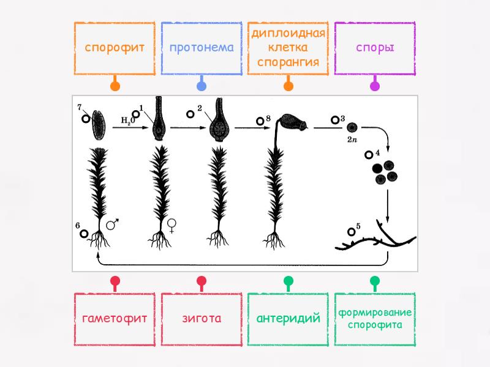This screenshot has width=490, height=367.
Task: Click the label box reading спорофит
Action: (115, 48)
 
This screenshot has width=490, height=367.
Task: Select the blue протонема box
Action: (202, 48)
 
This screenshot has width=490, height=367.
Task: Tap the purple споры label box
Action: (375, 48)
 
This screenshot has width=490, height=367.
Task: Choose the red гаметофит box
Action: (115, 319)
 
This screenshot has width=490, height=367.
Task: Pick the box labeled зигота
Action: (202, 319)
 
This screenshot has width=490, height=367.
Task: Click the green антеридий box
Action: (288, 319)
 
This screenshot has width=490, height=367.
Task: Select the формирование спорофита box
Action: (375, 319)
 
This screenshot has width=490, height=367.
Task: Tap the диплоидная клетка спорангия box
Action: (288, 48)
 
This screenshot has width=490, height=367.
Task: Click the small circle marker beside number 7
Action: (86, 119)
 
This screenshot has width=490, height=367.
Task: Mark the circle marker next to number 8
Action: (260, 121)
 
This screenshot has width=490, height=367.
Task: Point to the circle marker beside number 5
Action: (352, 232)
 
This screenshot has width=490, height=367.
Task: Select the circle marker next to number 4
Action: (369, 155)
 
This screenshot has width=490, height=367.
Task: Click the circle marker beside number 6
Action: (84, 234)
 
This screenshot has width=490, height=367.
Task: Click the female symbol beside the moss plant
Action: (171, 226)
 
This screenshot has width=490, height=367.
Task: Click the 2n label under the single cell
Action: (352, 139)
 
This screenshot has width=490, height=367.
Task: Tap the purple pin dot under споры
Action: (375, 86)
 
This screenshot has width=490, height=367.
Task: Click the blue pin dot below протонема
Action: (202, 86)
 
